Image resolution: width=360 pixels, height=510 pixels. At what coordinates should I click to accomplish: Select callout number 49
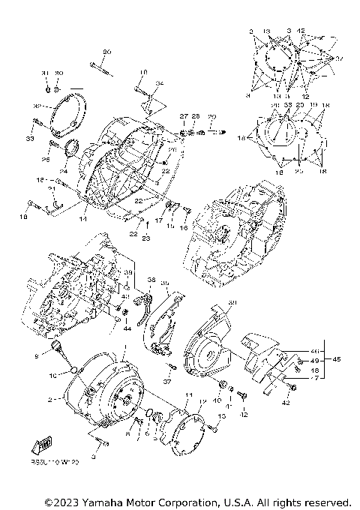point(314,361)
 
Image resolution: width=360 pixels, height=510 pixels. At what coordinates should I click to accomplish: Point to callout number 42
point(286,403)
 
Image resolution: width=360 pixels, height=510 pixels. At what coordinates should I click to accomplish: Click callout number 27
point(182,116)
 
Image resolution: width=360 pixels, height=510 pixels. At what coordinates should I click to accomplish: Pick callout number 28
point(194,116)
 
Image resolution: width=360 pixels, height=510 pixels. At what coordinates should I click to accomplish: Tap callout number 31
point(45,72)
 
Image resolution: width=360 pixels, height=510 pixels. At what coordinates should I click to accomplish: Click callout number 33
point(29,139)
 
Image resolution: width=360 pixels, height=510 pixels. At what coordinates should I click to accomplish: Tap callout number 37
point(167,381)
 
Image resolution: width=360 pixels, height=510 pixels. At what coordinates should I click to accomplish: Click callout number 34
point(159,82)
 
